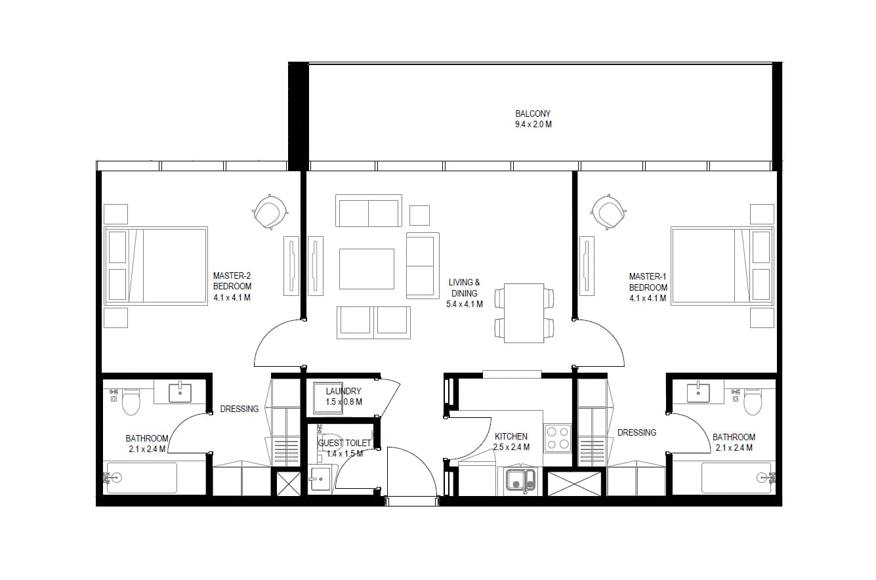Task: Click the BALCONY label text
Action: (x=533, y=114)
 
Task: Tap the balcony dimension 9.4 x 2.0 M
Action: (x=533, y=125)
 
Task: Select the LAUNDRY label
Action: (x=343, y=391)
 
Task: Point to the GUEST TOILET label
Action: (x=344, y=443)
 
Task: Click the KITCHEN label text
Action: (x=511, y=436)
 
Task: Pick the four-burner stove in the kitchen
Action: (x=558, y=438)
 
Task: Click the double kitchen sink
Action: (x=520, y=480)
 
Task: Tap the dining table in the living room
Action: (x=524, y=313)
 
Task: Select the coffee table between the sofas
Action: (x=366, y=269)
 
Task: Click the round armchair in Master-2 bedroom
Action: (x=270, y=211)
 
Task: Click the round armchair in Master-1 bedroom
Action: (x=608, y=211)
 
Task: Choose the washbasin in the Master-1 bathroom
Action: (x=698, y=393)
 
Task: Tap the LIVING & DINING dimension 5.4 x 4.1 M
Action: (x=464, y=304)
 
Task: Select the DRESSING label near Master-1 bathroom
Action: (x=636, y=432)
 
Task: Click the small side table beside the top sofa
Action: (x=419, y=215)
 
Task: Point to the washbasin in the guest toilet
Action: (x=320, y=479)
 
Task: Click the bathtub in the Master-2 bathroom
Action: (x=142, y=478)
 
